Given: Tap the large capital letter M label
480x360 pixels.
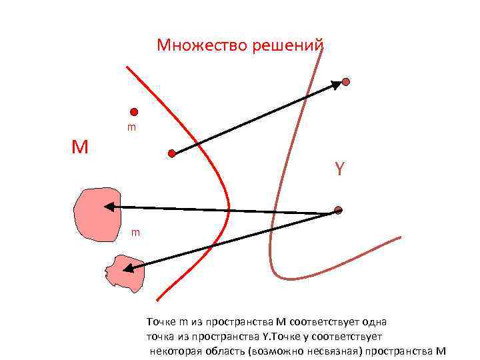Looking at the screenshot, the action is pos(80,147).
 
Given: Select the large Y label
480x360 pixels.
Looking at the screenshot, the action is pos(340,169).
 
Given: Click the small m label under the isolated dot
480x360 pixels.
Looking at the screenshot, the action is pos(132,127).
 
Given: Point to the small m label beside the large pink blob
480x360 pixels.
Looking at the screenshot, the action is pos(135,232).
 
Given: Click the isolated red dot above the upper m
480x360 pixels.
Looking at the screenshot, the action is pos(134,111).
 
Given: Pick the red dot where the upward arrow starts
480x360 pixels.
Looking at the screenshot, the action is pos(172,153).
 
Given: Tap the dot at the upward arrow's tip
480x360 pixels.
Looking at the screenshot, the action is pos(346,82).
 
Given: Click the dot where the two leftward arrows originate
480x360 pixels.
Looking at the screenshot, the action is pos(338,210).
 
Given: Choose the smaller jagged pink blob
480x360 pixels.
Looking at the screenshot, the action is pos(125,272).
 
